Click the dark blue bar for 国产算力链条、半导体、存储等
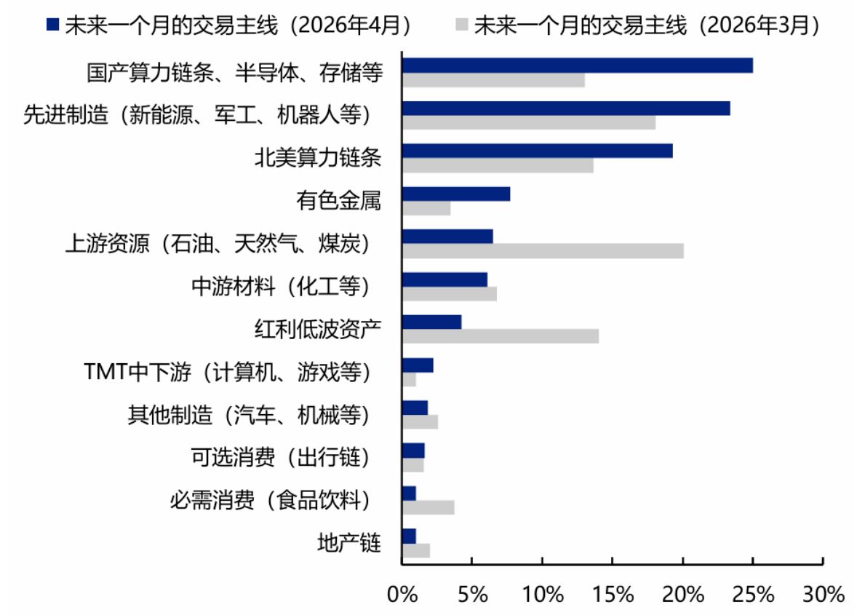578,66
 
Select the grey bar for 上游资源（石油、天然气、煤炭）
543,251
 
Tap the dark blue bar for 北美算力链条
538,151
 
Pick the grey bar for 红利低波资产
501,336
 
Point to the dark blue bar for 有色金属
456,194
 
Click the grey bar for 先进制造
529,122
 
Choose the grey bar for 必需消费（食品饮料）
428,508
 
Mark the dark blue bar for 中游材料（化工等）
445,279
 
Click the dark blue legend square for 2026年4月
52,24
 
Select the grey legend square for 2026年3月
462,24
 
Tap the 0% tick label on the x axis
402,595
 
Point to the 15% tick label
613,595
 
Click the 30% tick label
823,595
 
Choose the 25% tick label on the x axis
753,595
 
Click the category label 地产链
349,543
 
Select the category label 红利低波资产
317,329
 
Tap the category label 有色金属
339,201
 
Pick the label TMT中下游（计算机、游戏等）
228,373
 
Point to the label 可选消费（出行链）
280,458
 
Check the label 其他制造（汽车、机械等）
250,415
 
